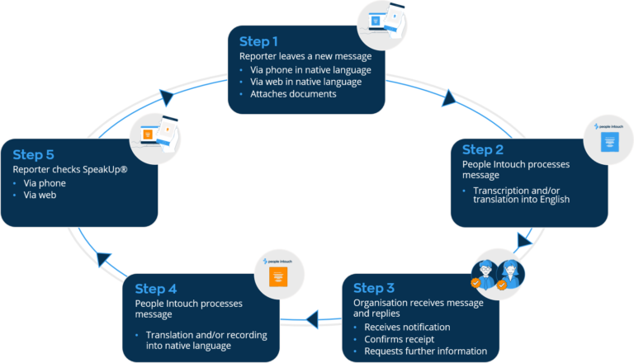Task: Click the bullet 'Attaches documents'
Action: (293, 94)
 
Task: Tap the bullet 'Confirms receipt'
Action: (401, 339)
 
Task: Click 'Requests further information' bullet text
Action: (426, 351)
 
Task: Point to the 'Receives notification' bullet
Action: (408, 327)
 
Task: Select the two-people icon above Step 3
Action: (498, 274)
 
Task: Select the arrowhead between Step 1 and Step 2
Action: (449, 100)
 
